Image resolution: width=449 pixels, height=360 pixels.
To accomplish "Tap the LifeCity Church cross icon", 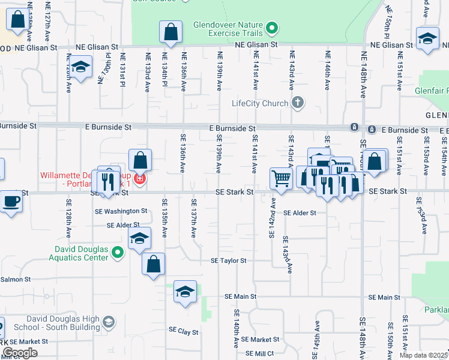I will click(x=297, y=103).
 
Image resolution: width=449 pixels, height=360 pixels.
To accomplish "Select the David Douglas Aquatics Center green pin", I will click(x=118, y=254).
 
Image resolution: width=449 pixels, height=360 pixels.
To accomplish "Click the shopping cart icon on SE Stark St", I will click(x=280, y=178).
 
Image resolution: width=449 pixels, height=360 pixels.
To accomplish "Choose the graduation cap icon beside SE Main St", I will click(x=185, y=292).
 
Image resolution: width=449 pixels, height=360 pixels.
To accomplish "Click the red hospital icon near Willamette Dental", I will click(x=139, y=179).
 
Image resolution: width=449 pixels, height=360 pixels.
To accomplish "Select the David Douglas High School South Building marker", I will click(x=108, y=323).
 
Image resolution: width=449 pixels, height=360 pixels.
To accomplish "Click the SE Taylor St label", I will click(x=228, y=261).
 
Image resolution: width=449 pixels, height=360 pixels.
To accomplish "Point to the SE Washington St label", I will click(x=121, y=211).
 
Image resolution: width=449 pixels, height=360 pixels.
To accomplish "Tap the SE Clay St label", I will click(x=184, y=330).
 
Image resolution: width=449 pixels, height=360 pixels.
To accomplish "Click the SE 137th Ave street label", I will click(x=194, y=218).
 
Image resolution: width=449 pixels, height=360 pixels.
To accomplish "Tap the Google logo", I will click(x=20, y=353).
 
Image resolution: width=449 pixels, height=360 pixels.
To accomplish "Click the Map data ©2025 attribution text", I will click(x=423, y=355).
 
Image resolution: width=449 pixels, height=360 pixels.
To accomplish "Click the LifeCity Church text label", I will click(x=260, y=103).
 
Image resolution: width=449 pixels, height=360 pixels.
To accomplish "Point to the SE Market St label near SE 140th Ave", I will click(x=256, y=340).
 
